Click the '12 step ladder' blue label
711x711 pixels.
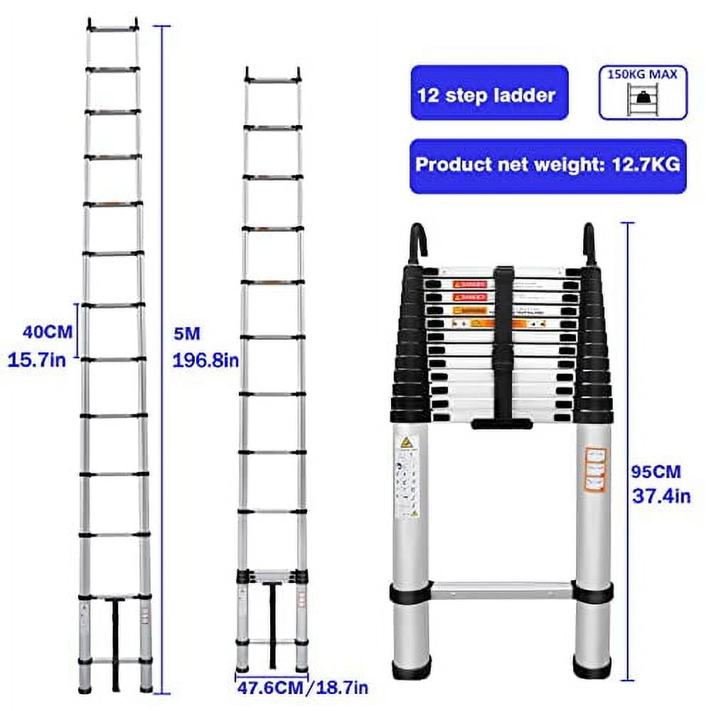tap(488, 93)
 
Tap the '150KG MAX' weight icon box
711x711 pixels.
tap(643, 92)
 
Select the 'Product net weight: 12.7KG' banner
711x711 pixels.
tap(547, 166)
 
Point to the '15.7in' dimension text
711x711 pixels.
tap(37, 360)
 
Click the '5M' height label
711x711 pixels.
tap(186, 332)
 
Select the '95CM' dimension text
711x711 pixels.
tap(656, 471)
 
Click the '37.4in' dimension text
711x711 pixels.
tap(661, 496)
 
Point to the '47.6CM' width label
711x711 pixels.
tap(269, 688)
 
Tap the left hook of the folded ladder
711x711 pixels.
tap(417, 244)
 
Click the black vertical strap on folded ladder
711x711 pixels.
tap(503, 341)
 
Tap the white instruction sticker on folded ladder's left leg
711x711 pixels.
tap(406, 476)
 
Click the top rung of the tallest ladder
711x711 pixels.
tap(112, 29)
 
